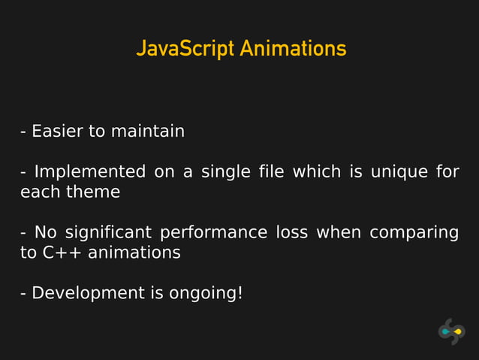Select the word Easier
[x=57, y=132]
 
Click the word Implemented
[x=90, y=172]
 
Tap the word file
[x=271, y=172]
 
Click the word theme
[x=94, y=192]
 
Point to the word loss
[x=291, y=232]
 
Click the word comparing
[x=414, y=233]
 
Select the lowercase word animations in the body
[x=134, y=253]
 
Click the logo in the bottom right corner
[x=451, y=331]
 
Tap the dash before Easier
[x=24, y=132]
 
